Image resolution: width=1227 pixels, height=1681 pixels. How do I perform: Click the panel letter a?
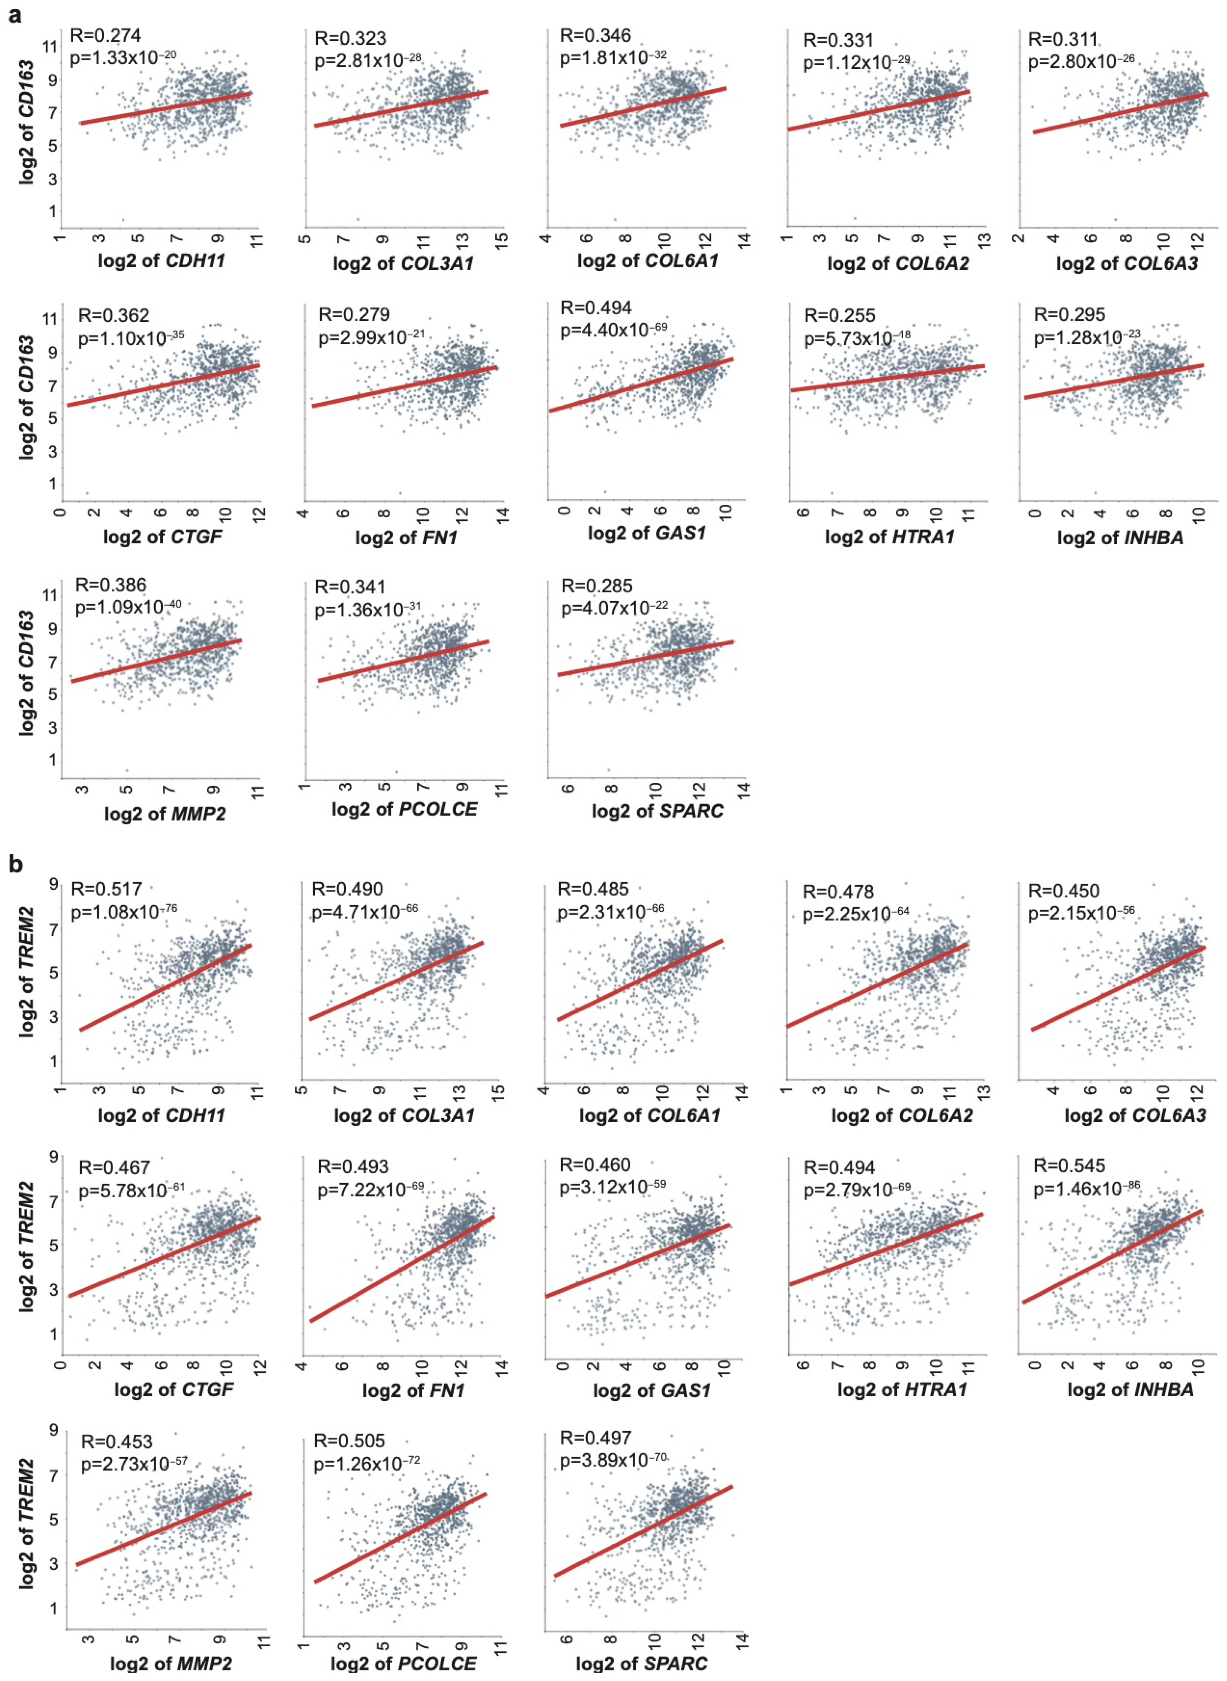[x=14, y=14]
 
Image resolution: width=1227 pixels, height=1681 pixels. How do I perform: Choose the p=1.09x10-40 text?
[x=128, y=608]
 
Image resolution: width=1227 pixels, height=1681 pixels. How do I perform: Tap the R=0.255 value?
[x=839, y=315]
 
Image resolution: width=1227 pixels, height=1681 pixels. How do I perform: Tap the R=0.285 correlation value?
[x=596, y=586]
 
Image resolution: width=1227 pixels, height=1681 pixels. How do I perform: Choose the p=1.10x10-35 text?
[x=131, y=339]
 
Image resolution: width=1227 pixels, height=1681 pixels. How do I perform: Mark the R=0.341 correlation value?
[x=350, y=586]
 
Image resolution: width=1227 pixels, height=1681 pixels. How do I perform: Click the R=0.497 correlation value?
[x=595, y=1438]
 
